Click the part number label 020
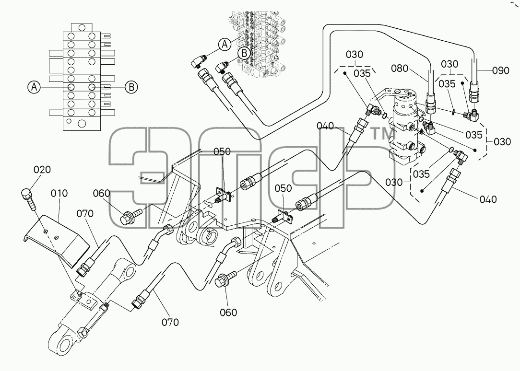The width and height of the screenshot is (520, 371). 42,170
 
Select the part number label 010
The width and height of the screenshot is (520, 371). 59,194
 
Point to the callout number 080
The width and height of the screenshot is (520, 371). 400,68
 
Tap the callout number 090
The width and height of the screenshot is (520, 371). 501,70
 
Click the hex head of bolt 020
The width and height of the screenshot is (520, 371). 26,193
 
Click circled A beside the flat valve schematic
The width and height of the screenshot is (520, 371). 34,87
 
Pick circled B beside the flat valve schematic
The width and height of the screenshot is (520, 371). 131,87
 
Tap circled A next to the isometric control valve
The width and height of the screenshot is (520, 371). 225,44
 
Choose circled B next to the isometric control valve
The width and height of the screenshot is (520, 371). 245,53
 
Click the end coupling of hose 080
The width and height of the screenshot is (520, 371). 430,102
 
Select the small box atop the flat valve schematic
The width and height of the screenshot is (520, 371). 82,27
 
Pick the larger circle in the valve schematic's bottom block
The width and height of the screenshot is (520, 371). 81,124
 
